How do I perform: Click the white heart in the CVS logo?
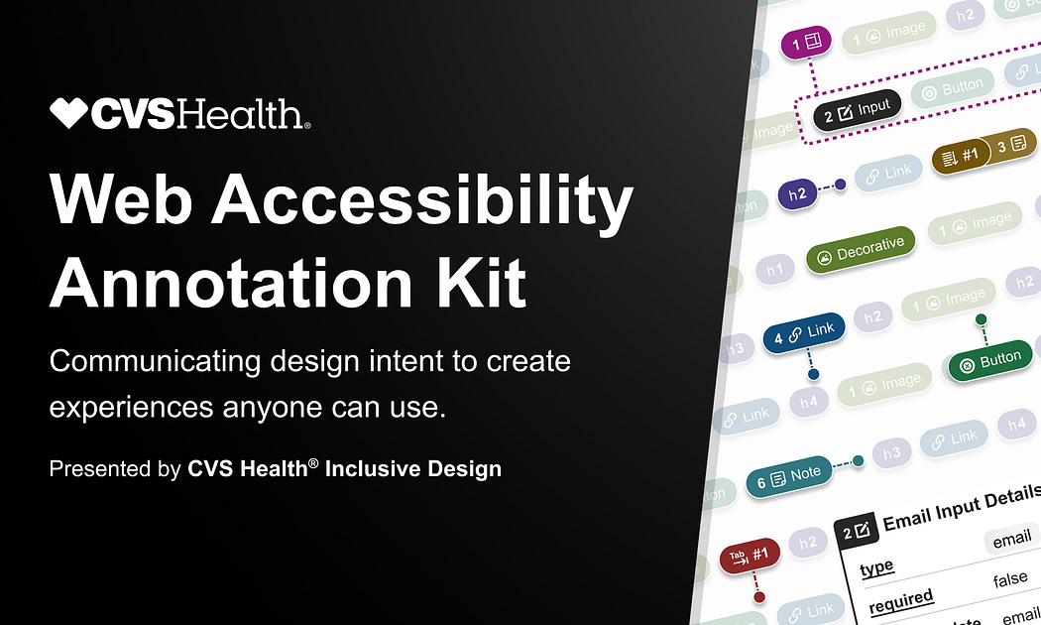(x=69, y=114)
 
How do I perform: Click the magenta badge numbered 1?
(x=804, y=43)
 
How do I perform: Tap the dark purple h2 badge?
(x=796, y=193)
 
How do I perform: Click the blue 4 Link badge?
(x=803, y=335)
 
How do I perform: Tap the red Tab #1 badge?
(x=750, y=556)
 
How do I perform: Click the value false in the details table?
(x=1009, y=579)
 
